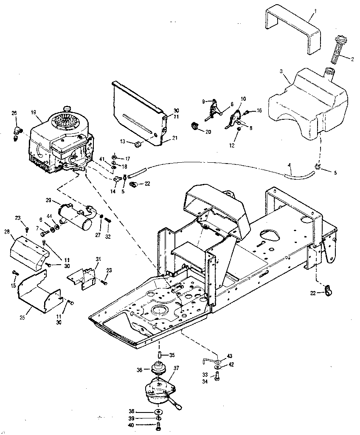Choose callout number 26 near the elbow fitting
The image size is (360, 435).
[x=14, y=113]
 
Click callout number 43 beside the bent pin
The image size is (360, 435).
[x=230, y=356]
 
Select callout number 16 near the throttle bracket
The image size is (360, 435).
[x=260, y=110]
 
